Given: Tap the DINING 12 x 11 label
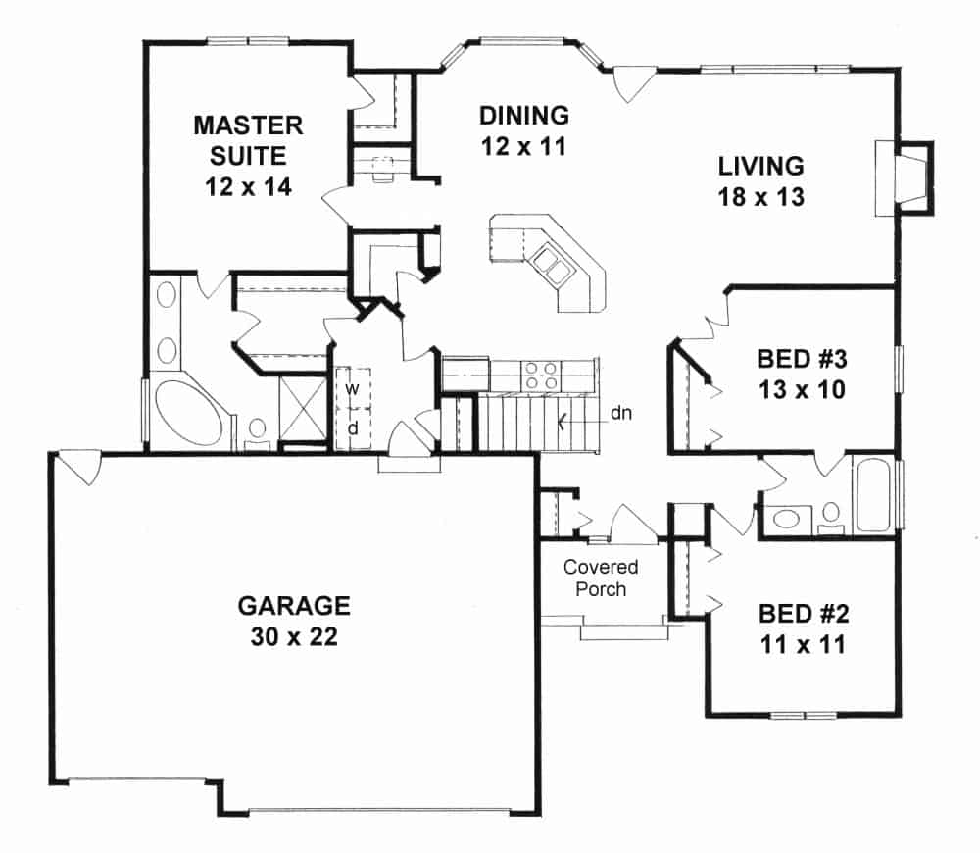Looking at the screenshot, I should click(x=524, y=129).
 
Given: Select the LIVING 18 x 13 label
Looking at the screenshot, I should click(x=760, y=180).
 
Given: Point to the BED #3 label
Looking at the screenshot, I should click(x=801, y=372).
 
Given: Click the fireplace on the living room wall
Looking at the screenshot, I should click(x=903, y=176).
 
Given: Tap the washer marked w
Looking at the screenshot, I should click(x=351, y=388).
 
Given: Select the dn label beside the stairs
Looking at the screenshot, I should click(x=620, y=413).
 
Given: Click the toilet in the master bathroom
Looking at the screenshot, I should click(x=259, y=430).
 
